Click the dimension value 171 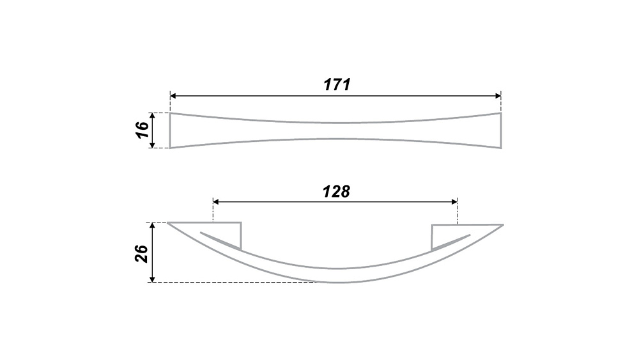point(337,84)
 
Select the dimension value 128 point(336,191)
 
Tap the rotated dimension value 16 point(142,130)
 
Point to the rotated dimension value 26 point(142,254)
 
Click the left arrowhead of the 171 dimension point(173,96)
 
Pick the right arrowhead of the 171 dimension point(498,96)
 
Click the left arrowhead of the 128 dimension point(216,202)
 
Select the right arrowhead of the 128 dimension point(455,202)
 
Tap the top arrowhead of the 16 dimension point(153,116)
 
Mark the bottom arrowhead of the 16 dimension point(153,145)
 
